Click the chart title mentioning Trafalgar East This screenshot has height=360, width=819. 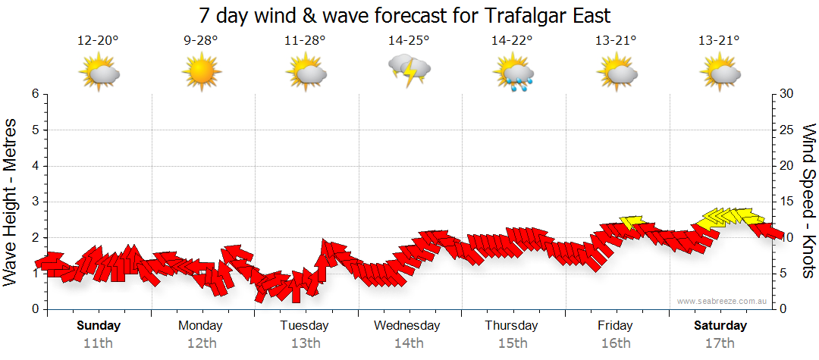tap(405, 15)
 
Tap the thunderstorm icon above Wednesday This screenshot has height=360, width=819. tap(409, 70)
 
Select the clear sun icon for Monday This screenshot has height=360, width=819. tap(201, 73)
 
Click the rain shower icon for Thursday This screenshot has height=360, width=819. tap(514, 74)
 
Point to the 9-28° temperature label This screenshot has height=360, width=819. tap(201, 40)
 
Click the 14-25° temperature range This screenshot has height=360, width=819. tap(409, 40)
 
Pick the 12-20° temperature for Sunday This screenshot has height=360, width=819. tap(98, 40)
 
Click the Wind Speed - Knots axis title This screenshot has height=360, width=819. tap(808, 201)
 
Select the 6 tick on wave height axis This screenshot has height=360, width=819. tap(35, 94)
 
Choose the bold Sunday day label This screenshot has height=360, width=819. tap(98, 326)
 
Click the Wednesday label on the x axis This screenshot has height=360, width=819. tap(407, 326)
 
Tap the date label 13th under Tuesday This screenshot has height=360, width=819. tap(305, 343)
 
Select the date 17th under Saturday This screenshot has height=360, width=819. tap(720, 343)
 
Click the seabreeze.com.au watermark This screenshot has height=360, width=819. tap(723, 301)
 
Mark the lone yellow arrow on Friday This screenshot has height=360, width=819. tap(630, 221)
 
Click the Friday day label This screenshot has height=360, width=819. tap(615, 326)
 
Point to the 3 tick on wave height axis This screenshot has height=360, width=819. tap(35, 202)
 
